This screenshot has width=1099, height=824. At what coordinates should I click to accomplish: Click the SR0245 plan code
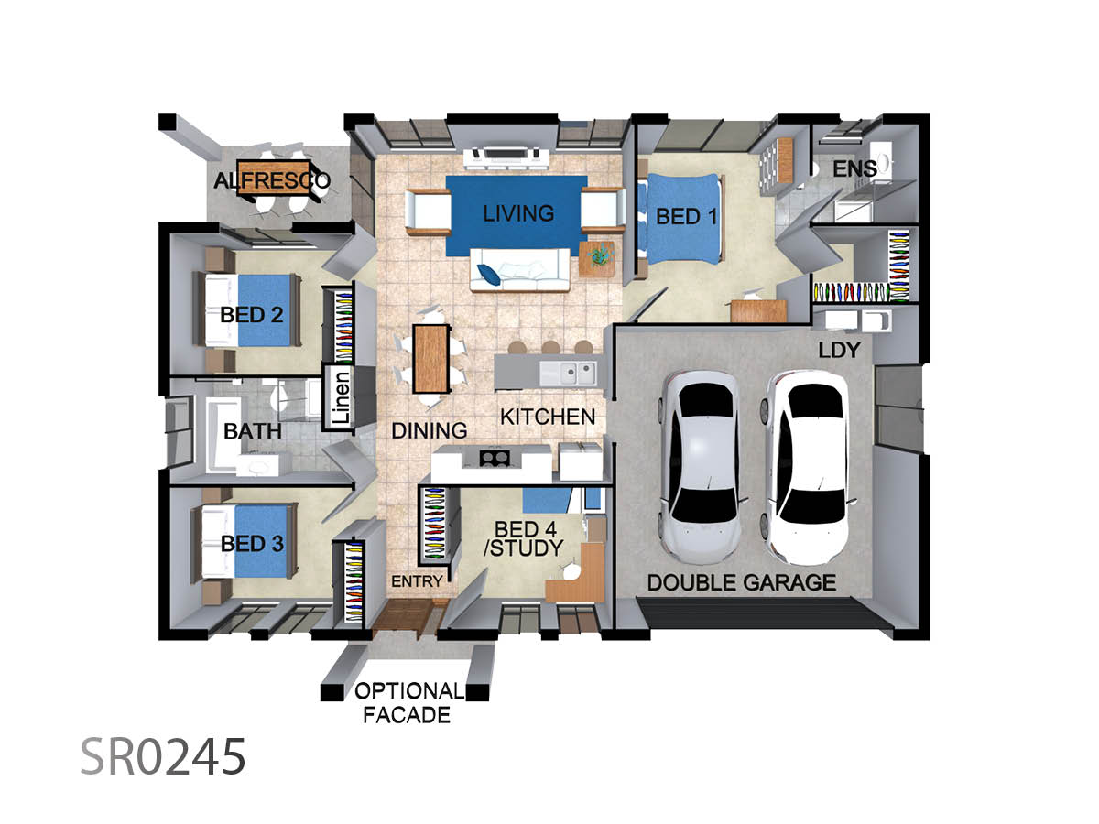(x=163, y=756)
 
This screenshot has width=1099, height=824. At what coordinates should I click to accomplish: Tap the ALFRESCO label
(x=272, y=180)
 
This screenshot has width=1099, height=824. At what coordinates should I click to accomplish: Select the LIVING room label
(x=518, y=213)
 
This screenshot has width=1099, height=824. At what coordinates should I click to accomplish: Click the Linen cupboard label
(x=341, y=397)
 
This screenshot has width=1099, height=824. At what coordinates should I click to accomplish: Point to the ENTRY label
(x=417, y=581)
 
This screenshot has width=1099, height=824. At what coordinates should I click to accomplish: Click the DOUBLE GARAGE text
(x=742, y=583)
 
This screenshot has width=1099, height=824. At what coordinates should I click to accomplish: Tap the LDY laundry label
(x=839, y=351)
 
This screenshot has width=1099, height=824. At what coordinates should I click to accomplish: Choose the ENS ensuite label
(x=854, y=168)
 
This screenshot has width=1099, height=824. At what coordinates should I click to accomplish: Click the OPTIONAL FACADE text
(x=408, y=703)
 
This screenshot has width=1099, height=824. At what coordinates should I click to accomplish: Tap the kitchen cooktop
(x=495, y=458)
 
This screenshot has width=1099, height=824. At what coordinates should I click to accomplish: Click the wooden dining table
(x=430, y=358)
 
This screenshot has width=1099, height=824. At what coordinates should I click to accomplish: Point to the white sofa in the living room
(x=519, y=270)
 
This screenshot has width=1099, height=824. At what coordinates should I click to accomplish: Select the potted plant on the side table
(x=598, y=255)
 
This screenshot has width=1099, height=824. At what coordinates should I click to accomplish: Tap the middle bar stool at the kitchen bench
(x=550, y=347)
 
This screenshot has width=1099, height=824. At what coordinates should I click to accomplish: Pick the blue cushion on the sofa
(x=488, y=274)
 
